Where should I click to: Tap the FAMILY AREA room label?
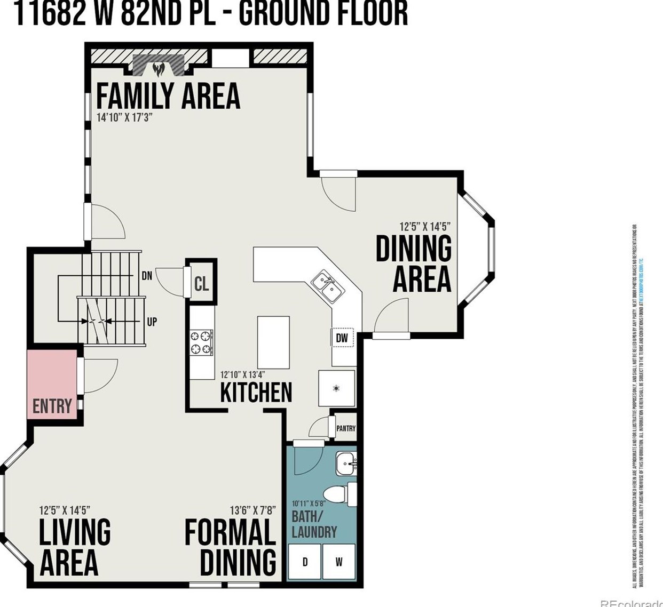point(168,96)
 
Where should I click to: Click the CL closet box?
point(201,284)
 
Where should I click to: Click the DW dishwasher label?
point(342,338)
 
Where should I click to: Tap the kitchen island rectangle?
point(273,342)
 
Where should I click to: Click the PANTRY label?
point(345,428)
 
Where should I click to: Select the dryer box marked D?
point(305,562)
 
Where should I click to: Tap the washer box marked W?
point(339,562)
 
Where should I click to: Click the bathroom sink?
point(346,462)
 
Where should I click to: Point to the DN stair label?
point(147,276)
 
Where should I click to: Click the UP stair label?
point(152,322)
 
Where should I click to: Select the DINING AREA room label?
point(414,263)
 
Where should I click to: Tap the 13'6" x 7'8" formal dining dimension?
point(252,510)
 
